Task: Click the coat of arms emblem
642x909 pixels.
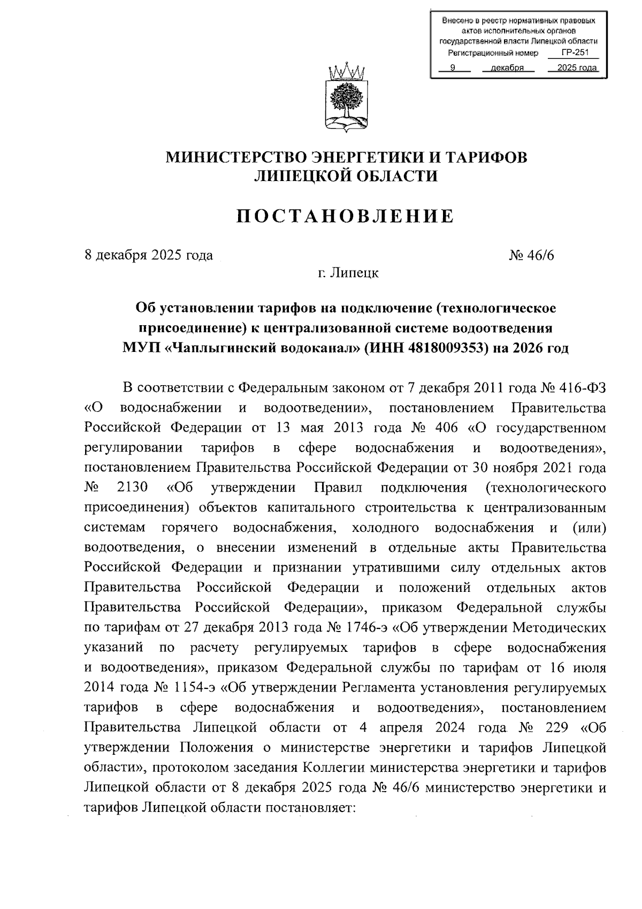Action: [x=346, y=100]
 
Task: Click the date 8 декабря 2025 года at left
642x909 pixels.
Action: [x=149, y=255]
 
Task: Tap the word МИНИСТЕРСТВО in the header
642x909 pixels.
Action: [x=234, y=157]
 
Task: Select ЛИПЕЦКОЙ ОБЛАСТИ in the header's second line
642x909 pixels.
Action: [x=346, y=176]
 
